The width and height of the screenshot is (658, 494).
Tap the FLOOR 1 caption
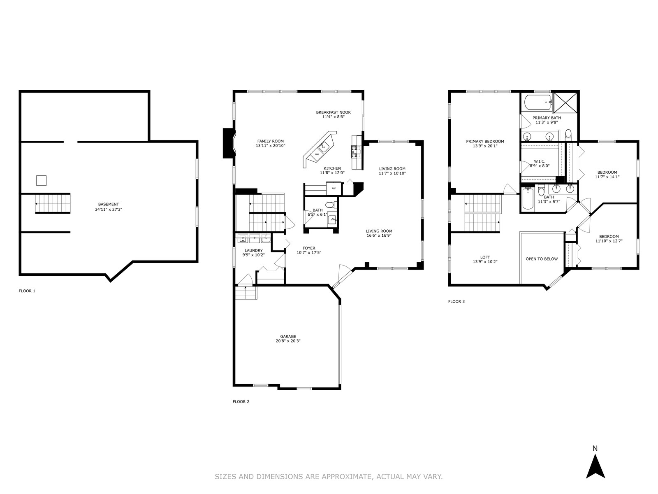tap(27, 291)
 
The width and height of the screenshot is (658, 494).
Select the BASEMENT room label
tap(109, 205)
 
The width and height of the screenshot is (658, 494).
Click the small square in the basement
tap(42, 181)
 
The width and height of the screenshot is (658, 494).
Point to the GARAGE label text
tap(288, 336)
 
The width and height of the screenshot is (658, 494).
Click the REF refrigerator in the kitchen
tap(334, 189)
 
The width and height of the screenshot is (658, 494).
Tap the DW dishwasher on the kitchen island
tap(317, 154)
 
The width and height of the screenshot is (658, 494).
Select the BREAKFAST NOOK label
tap(334, 112)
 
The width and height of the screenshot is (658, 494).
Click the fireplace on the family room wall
tap(229, 143)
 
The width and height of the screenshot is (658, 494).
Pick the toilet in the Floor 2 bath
tap(331, 205)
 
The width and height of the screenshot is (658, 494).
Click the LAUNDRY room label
tap(254, 250)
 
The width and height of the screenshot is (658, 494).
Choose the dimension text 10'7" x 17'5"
tap(309, 252)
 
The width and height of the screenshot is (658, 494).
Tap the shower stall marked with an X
tap(565, 103)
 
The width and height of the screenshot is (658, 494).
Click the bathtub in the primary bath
tap(537, 103)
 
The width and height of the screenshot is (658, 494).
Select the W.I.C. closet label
tap(540, 161)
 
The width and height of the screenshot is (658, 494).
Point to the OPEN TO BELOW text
tap(542, 259)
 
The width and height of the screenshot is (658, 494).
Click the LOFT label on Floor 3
tap(485, 257)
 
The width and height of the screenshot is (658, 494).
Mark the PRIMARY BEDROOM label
tap(485, 142)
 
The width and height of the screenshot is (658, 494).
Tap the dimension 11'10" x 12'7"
tap(609, 241)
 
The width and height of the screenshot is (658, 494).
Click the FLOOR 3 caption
tap(456, 301)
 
